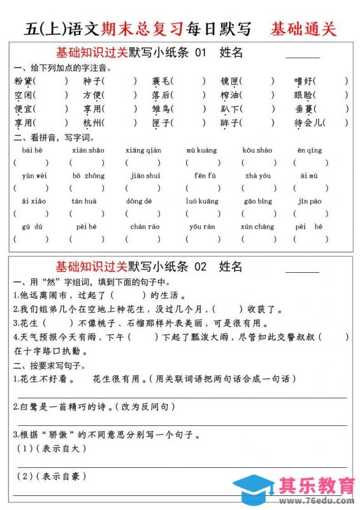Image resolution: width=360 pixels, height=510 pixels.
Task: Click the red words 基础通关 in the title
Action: coord(303,29)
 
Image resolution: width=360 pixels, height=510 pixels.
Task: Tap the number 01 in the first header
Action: coord(201,53)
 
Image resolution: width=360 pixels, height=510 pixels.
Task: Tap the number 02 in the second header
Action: coord(201,266)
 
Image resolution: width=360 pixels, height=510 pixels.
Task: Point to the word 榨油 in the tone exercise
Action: coord(229,95)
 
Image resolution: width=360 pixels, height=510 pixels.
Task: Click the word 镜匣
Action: coord(229,81)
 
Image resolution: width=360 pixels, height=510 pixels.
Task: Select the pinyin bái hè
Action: coord(32,150)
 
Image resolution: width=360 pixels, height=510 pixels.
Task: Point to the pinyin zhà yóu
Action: coord(257,175)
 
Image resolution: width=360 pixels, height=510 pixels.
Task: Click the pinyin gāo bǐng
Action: coord(257,201)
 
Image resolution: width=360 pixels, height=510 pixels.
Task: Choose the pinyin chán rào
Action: coord(145,226)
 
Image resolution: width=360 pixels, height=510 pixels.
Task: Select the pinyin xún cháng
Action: coord(257,226)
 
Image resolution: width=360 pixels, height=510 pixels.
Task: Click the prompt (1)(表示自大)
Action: coord(51,449)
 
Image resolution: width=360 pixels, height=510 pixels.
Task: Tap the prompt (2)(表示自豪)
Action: coord(51,476)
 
